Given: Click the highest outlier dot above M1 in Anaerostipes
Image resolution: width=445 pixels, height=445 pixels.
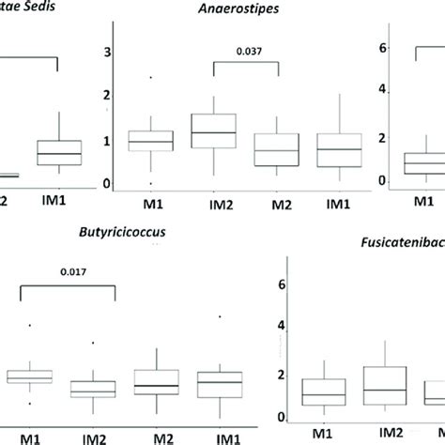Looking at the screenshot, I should tap(144, 77).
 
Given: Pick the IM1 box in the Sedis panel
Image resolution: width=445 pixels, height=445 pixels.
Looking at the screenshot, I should tap(58, 153).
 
